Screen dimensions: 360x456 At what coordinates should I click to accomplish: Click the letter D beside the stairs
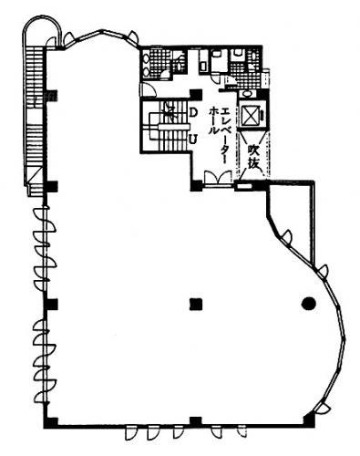(x=193, y=112)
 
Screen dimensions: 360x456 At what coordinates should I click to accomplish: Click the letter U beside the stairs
(x=193, y=140)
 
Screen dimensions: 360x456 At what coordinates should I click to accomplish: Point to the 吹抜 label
(x=253, y=157)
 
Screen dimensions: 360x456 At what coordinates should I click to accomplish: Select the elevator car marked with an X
(x=252, y=115)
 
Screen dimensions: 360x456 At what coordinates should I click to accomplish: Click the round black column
(x=309, y=303)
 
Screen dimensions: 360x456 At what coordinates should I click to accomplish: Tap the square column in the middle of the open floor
(x=196, y=304)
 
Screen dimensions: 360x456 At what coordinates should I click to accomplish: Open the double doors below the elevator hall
(x=218, y=178)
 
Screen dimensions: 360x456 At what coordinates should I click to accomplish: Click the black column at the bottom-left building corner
(x=51, y=422)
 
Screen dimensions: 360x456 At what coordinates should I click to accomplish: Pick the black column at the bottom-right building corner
(x=309, y=420)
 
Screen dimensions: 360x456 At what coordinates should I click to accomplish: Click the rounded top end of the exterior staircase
(x=43, y=25)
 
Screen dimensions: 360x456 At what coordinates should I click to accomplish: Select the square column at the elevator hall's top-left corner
(x=196, y=95)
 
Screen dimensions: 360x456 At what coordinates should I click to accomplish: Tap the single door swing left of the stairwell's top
(x=148, y=89)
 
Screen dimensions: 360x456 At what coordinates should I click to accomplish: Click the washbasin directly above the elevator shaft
(x=249, y=94)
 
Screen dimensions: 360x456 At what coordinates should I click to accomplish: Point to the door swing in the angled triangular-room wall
(x=286, y=237)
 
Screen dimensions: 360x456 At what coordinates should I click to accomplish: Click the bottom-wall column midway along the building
(x=196, y=422)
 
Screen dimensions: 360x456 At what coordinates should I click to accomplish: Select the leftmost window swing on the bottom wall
(x=131, y=433)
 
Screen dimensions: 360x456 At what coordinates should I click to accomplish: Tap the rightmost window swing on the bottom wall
(x=242, y=432)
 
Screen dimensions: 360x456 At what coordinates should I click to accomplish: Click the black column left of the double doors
(x=197, y=186)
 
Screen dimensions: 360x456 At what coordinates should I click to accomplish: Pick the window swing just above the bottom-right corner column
(x=322, y=409)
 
